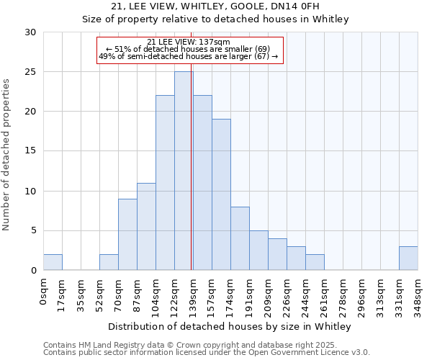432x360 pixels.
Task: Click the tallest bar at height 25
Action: coord(183,171)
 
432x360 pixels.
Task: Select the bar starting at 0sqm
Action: coord(53,262)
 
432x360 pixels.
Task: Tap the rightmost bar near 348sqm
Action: coord(408,258)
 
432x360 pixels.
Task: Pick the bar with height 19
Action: coord(221,194)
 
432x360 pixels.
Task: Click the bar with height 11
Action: coord(146,226)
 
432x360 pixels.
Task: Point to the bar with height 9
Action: coord(127,234)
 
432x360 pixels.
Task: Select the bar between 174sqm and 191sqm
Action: coord(240,238)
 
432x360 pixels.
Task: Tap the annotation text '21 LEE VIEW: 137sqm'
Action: coord(188,42)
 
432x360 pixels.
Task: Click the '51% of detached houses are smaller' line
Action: coord(188,49)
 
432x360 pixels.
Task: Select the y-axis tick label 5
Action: coord(32,230)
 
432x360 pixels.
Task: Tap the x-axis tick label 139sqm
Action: coord(194,294)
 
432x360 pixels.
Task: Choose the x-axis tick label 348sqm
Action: coord(418,294)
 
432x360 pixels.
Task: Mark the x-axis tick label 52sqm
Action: coord(100,293)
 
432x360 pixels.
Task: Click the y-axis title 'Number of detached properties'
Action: coord(6,155)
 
